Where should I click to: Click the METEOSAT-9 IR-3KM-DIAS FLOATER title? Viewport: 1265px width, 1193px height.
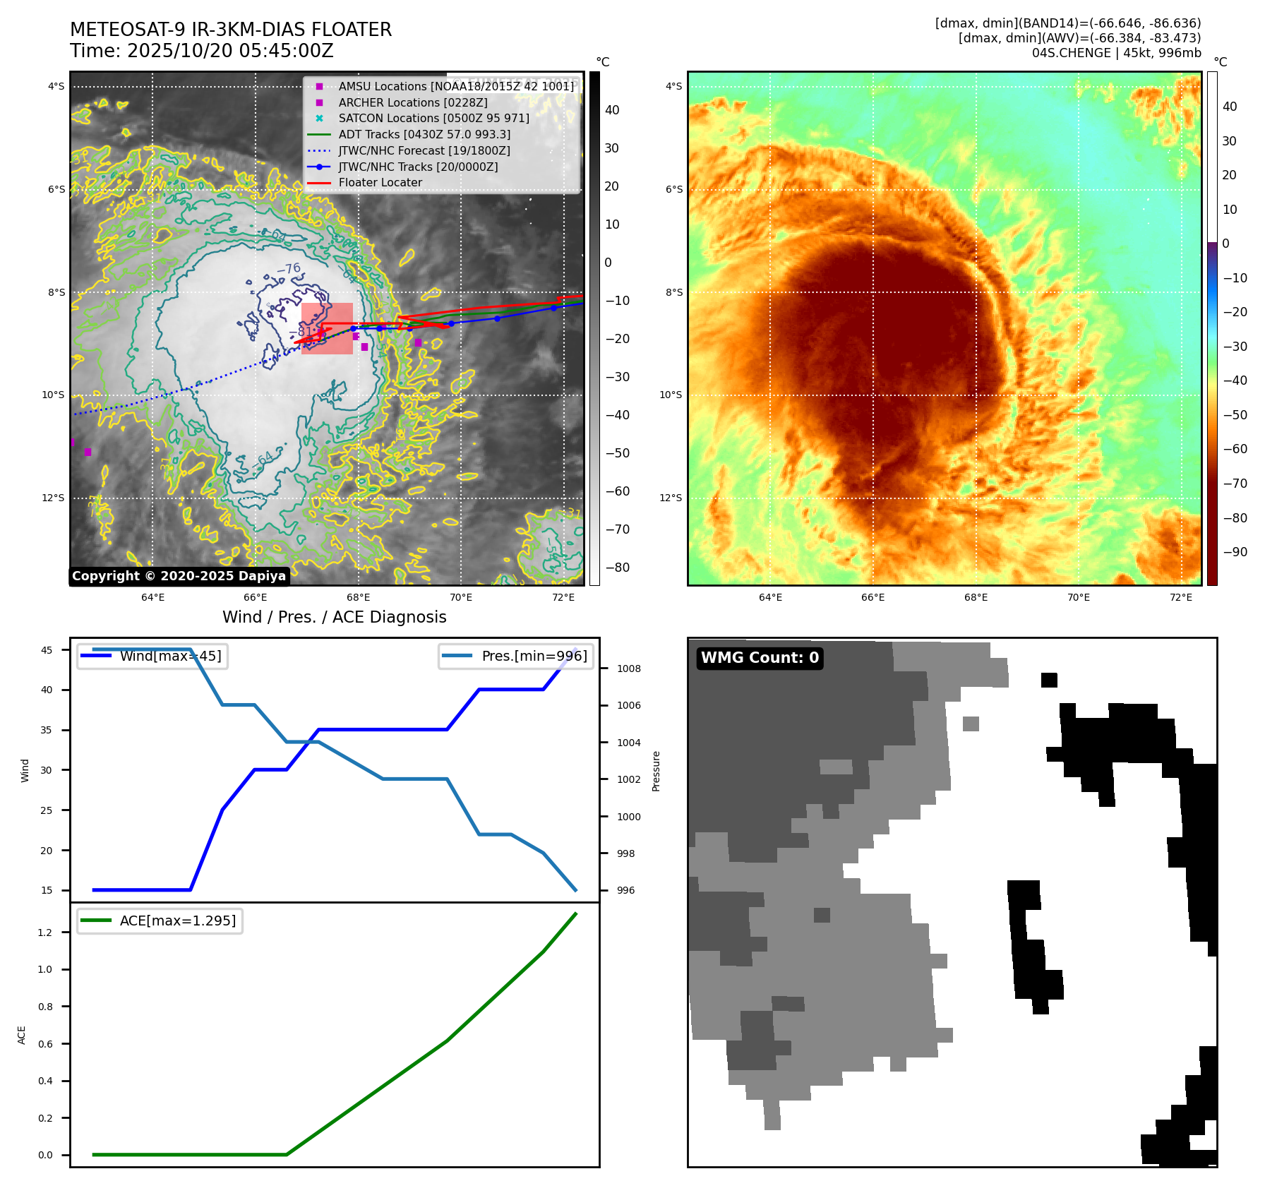[x=230, y=30]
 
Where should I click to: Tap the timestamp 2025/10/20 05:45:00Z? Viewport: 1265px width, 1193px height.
[x=201, y=51]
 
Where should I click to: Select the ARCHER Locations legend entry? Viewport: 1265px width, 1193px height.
[x=412, y=102]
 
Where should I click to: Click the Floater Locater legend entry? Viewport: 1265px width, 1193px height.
[x=380, y=182]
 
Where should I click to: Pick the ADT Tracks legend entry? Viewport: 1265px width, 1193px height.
[x=424, y=134]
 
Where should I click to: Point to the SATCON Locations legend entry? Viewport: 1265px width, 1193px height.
[x=433, y=118]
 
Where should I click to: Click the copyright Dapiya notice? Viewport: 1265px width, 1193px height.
[x=179, y=576]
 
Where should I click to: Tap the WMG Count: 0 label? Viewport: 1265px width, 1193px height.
[x=760, y=658]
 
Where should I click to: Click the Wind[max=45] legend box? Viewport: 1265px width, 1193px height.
[x=152, y=656]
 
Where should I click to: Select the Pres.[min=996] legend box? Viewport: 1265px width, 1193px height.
[x=515, y=656]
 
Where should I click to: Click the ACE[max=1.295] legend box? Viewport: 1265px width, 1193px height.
[x=160, y=921]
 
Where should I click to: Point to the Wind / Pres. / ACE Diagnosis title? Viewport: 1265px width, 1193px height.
[x=334, y=617]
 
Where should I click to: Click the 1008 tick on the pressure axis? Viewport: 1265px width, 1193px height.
[x=628, y=669]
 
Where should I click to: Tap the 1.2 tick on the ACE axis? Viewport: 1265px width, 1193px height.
[x=45, y=933]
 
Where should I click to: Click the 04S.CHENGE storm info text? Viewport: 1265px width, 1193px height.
[x=1116, y=53]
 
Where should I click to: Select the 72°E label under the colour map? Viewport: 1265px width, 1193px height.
[x=1180, y=597]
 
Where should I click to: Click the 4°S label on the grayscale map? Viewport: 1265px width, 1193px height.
[x=56, y=87]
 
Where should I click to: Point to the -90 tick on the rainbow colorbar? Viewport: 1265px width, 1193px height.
[x=1235, y=552]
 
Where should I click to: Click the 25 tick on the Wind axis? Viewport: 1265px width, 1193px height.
[x=47, y=810]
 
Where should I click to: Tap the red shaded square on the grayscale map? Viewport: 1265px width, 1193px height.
[x=327, y=328]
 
